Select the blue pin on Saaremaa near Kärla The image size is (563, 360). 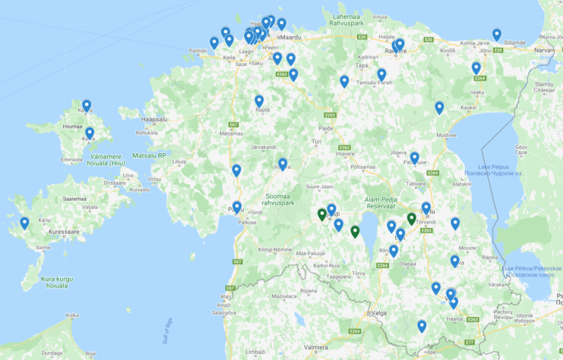(x=25, y=222)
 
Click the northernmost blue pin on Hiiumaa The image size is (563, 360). (x=87, y=106)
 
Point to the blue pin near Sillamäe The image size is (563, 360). (x=497, y=34)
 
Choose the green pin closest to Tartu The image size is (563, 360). (x=411, y=218)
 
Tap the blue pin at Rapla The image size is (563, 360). (x=259, y=101)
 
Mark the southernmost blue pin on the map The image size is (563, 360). (x=422, y=326)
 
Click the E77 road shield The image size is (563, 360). (x=470, y=342)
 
